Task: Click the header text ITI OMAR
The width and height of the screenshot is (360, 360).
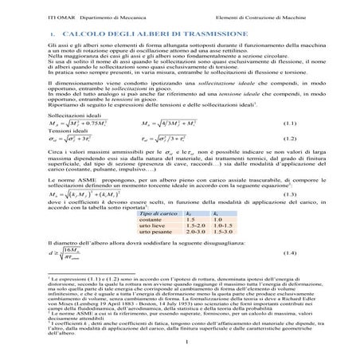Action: pos(37,9)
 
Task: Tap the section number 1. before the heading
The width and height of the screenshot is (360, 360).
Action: pos(51,35)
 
